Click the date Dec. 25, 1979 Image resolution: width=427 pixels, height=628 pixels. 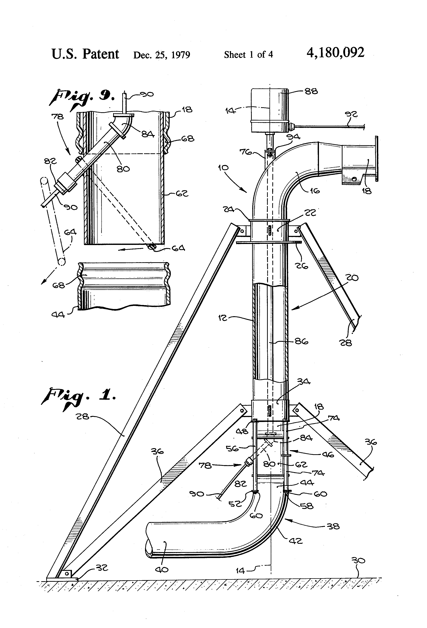tap(162, 55)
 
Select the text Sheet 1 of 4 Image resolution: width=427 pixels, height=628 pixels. tap(248, 55)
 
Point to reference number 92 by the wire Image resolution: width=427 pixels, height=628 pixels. tap(351, 114)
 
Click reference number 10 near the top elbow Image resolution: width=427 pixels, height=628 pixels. tap(223, 168)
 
